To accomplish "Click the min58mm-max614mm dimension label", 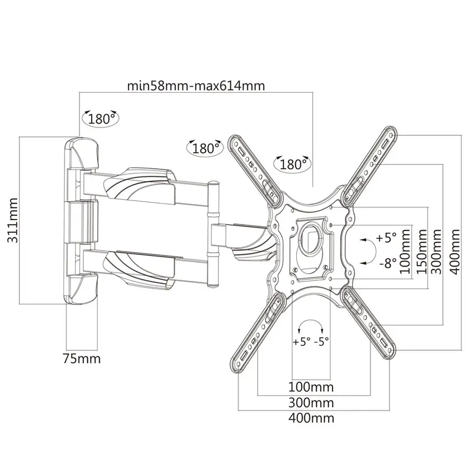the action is point(196,86).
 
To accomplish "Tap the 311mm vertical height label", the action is point(13,220).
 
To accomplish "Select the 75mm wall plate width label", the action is point(82,358).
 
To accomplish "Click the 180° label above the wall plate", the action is point(100,119).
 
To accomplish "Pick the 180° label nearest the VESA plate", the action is point(292,164).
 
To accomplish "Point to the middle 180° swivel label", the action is point(205,148).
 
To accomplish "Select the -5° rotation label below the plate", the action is point(322,342).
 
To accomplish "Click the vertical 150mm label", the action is point(422,252).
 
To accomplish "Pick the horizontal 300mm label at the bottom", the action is point(311,403).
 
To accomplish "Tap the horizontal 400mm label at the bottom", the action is point(311,418).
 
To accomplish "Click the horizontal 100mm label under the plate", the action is point(311,387).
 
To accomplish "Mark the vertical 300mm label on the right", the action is point(437,252).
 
